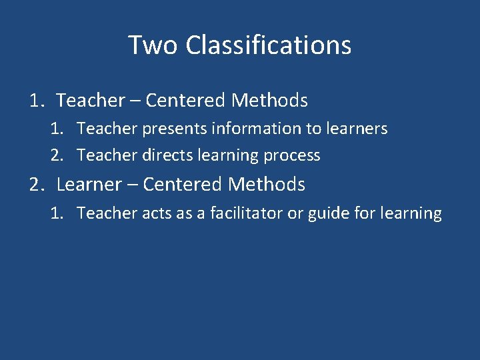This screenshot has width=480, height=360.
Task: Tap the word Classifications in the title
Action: (269, 45)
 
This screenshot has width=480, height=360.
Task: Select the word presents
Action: (161, 129)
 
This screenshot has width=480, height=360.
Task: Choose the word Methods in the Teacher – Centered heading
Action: (269, 101)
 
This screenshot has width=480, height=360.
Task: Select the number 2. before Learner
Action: (37, 184)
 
